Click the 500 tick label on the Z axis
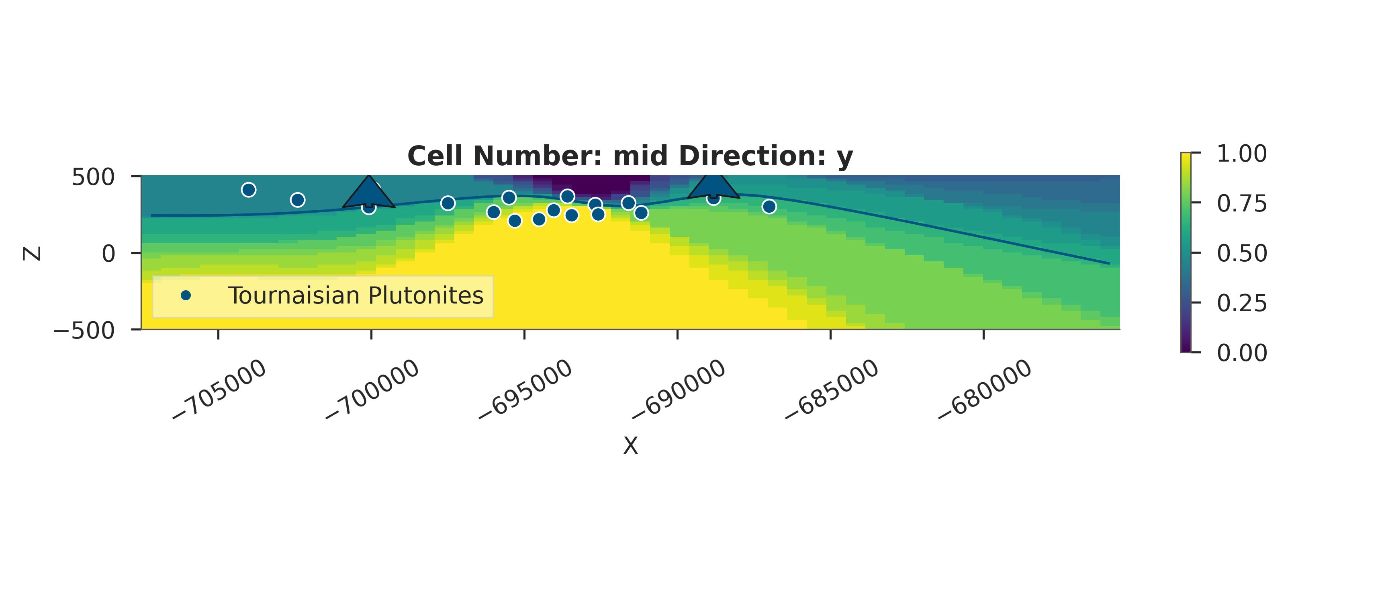click(93, 177)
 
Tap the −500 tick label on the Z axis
click(84, 330)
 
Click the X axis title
click(630, 446)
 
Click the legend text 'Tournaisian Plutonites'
click(356, 295)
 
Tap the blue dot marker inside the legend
click(186, 295)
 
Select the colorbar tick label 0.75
click(1242, 203)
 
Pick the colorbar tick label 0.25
click(1242, 303)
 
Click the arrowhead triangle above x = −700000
click(368, 194)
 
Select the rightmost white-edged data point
click(769, 206)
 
